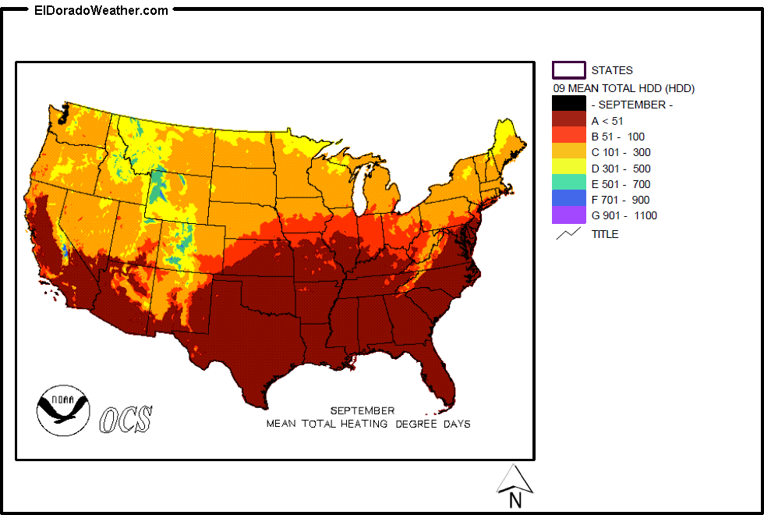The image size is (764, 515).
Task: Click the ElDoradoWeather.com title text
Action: [x=101, y=10]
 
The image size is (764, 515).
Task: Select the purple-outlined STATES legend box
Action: [x=568, y=70]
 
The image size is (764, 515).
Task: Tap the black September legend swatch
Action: [x=568, y=104]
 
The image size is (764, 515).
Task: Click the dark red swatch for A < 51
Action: [x=568, y=120]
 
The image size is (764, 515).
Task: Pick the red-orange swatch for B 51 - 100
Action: [x=568, y=136]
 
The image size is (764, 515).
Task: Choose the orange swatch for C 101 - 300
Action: [x=568, y=152]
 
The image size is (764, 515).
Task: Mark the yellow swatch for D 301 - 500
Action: [x=568, y=168]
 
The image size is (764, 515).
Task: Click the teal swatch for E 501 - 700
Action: [x=568, y=184]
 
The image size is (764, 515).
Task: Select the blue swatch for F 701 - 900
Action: [x=568, y=200]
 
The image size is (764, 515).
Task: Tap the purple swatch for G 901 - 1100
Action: [x=568, y=215]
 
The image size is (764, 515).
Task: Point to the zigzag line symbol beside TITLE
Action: [x=568, y=233]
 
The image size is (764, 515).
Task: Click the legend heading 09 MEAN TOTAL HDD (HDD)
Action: [x=624, y=88]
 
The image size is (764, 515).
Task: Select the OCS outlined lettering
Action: [x=126, y=420]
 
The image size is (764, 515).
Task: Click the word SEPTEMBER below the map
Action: [x=362, y=410]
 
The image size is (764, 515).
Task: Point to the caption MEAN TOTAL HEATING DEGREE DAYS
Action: [x=368, y=424]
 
